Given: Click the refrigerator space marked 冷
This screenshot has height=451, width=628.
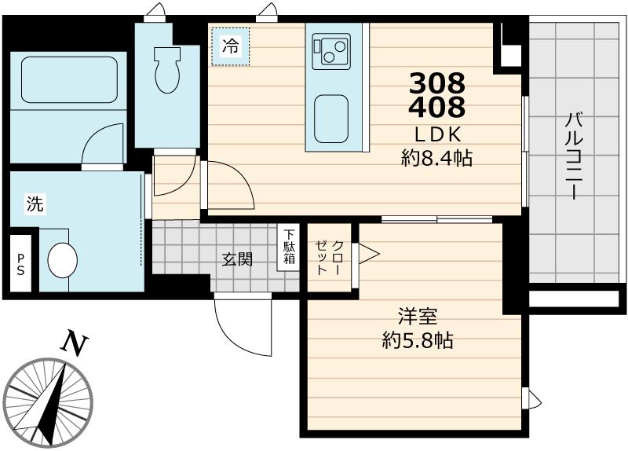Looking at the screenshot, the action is point(230,46).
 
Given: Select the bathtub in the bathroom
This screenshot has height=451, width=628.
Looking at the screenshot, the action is point(69,79).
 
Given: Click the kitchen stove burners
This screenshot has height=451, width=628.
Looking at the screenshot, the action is point(331,49).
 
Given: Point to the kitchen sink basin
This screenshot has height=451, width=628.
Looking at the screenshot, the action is point(331,119).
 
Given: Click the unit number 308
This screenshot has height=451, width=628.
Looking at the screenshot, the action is point(437,83).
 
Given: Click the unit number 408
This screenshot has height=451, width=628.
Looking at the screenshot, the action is point(437,106).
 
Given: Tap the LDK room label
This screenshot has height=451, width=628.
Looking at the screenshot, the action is point(437,134).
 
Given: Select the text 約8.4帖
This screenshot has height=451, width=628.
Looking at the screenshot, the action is point(437,159).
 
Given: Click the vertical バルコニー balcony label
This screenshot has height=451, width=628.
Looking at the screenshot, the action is point(574,156).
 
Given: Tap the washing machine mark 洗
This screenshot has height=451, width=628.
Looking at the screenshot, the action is point(35,203).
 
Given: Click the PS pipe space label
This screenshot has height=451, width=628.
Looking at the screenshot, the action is point(20,264).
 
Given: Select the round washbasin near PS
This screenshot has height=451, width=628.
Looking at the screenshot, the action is point(63,260).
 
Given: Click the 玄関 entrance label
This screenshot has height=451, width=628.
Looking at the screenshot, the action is point(238,260).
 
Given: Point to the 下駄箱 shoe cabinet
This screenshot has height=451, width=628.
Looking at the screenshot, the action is point(288,247).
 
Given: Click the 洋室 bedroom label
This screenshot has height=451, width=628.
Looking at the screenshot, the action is point(418,317).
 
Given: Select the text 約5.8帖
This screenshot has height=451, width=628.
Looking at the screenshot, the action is point(418,341).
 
